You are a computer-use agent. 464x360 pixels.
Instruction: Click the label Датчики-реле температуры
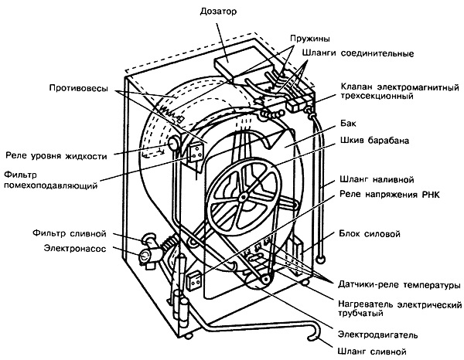click(x=395, y=284)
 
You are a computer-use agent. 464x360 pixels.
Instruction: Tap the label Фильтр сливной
click(x=75, y=233)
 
